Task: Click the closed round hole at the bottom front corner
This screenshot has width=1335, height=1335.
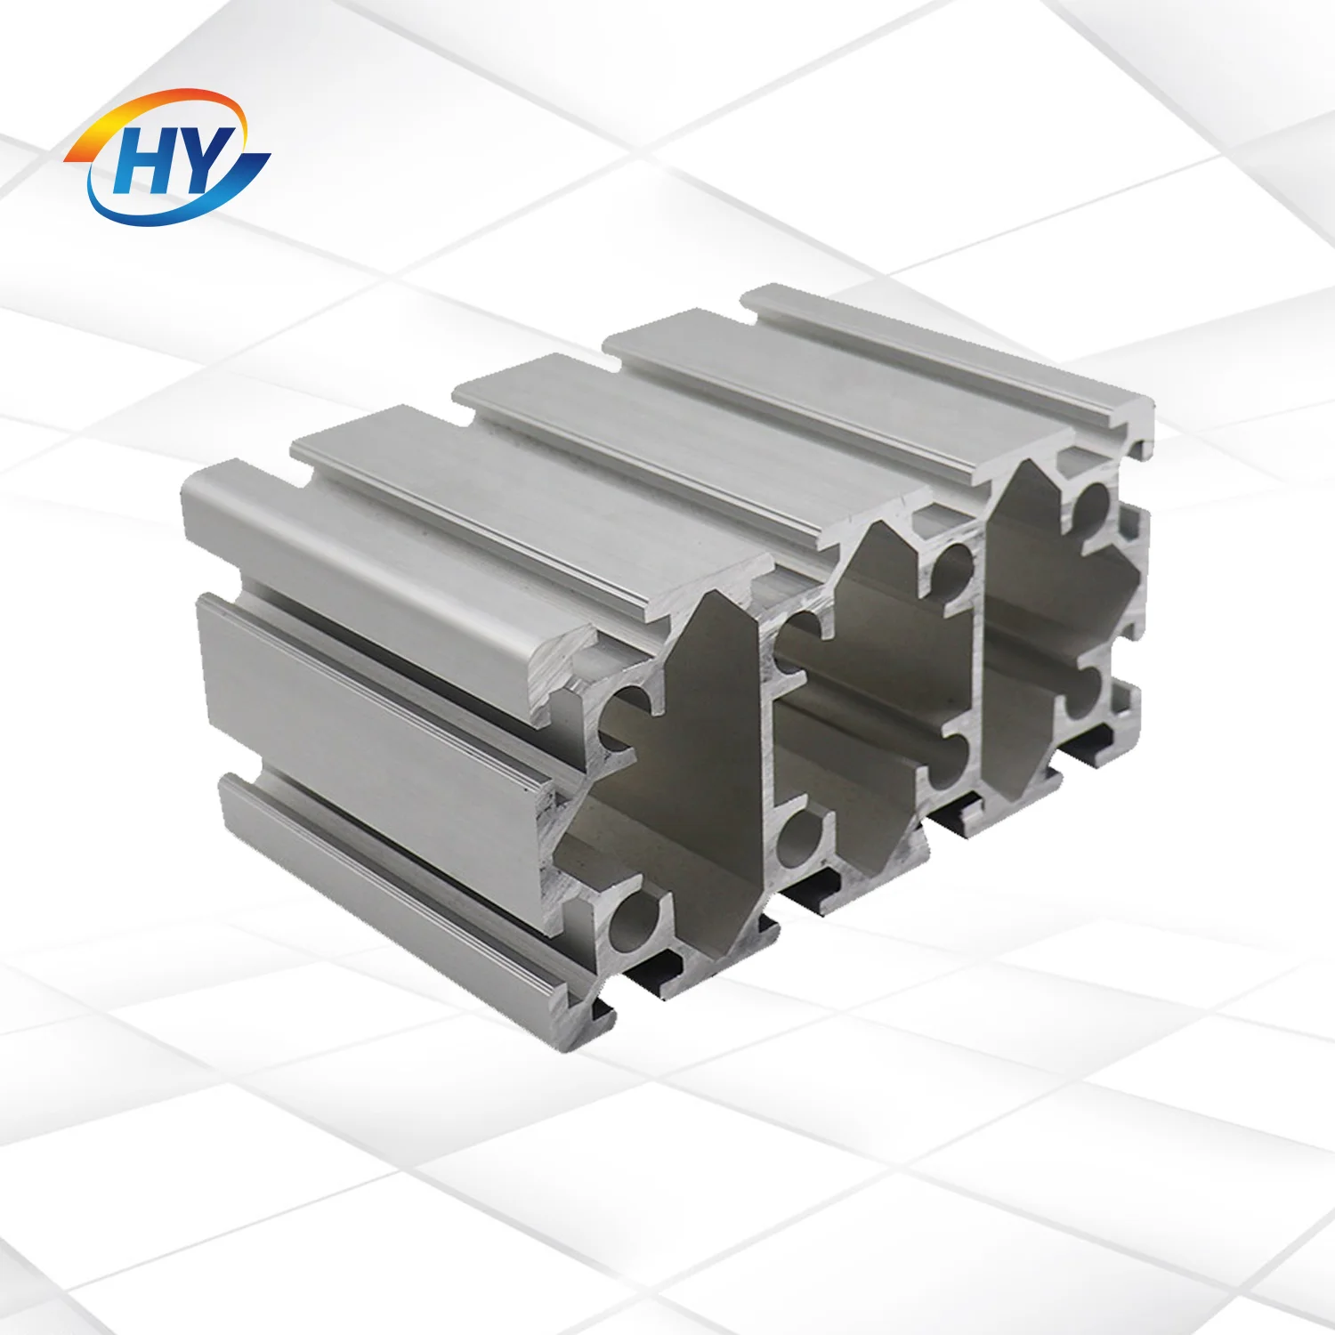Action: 636,921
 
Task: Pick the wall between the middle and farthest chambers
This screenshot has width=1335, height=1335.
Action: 980,650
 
